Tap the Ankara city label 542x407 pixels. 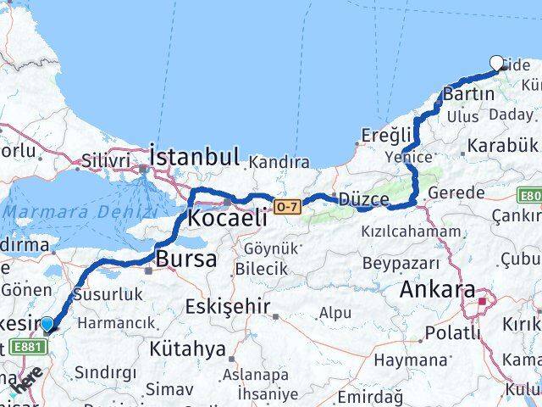[437, 289]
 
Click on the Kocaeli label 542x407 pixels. [224, 217]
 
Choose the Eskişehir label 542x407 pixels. [228, 306]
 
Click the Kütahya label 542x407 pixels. [187, 348]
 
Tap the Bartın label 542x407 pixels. [468, 93]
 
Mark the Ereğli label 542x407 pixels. [386, 134]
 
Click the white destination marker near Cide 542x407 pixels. [498, 62]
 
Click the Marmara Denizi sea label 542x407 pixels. [80, 213]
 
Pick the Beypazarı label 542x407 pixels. [401, 263]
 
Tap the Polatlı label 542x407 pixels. [451, 332]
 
